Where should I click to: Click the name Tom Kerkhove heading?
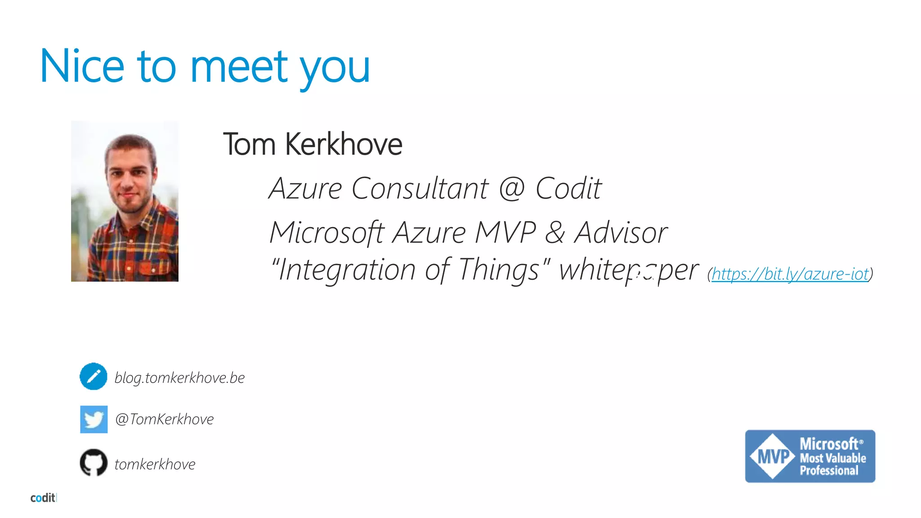coord(313,144)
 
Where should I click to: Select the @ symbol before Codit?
coord(512,188)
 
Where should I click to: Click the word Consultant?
coord(420,188)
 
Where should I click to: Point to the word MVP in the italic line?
coord(505,232)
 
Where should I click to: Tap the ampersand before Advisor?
coord(555,232)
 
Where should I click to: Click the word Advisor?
coord(621,232)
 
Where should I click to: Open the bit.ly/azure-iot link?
coord(790,273)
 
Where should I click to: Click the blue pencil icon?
coord(94,376)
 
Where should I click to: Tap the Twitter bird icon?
coord(94,420)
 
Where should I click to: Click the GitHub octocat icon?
coord(94,462)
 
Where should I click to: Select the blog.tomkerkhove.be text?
coord(179,378)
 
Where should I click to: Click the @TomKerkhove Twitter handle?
coord(164,419)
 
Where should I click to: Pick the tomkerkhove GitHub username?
coord(155,464)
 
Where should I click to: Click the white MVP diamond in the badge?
coord(772,456)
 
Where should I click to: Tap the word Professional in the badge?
coord(829,470)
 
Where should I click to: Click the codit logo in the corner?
coord(43,498)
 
